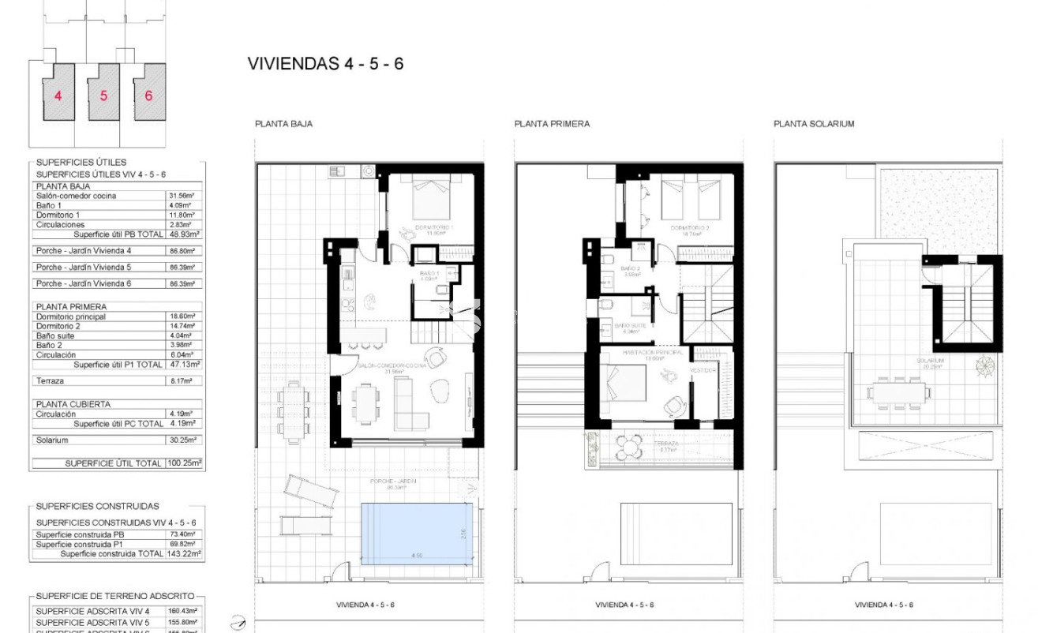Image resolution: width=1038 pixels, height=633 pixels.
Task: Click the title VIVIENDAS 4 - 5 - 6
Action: pyautogui.click(x=325, y=64)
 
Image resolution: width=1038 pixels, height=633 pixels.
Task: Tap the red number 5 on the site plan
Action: pyautogui.click(x=103, y=96)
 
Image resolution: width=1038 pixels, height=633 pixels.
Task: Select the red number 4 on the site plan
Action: pyautogui.click(x=58, y=96)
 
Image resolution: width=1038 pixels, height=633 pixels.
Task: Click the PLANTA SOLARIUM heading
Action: pyautogui.click(x=814, y=124)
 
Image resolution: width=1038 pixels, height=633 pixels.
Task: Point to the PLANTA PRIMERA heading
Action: pyautogui.click(x=552, y=124)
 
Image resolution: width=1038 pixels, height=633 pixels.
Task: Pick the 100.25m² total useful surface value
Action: pyautogui.click(x=185, y=463)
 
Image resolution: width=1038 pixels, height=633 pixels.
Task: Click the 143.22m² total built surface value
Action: pyautogui.click(x=185, y=554)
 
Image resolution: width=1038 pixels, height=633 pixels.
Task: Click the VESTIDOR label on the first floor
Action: pyautogui.click(x=703, y=369)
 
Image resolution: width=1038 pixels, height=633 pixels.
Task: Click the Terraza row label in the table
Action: pyautogui.click(x=50, y=380)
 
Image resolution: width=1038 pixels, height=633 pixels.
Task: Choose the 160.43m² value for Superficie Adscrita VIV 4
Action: pyautogui.click(x=185, y=610)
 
